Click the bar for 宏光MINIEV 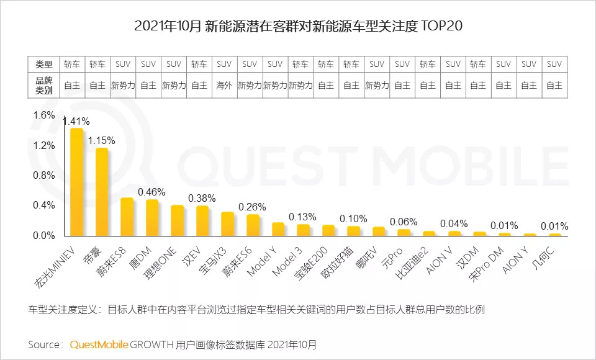tap(76, 182)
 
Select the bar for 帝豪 tap(102, 192)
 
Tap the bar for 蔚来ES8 tap(127, 217)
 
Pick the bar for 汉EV tap(202, 220)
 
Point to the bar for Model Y tap(278, 229)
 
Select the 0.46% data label tap(151, 192)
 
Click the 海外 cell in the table tap(224, 86)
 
